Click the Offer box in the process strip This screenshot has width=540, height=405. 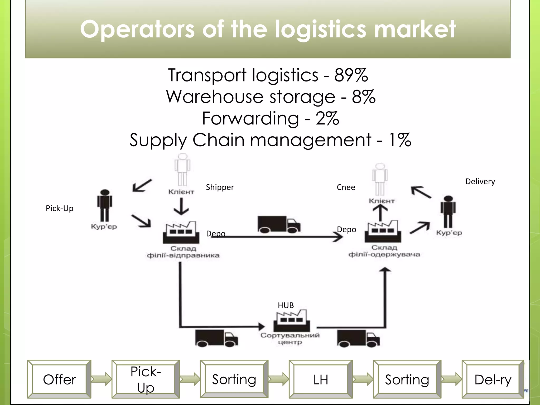coord(59,379)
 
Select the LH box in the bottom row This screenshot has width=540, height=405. coord(321,379)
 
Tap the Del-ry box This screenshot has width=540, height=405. coord(493,379)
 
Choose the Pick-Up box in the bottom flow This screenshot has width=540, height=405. coord(146,379)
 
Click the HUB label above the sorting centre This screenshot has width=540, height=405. coord(286,305)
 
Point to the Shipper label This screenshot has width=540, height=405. coord(220,187)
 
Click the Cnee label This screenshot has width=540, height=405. coord(346,187)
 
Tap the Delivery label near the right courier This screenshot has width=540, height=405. coord(480,181)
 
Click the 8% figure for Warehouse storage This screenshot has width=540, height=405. coord(363,97)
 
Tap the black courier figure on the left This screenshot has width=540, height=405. coord(105,206)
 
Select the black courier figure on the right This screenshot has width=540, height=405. coord(448,212)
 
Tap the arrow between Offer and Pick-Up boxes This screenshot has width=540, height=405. coord(101,379)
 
